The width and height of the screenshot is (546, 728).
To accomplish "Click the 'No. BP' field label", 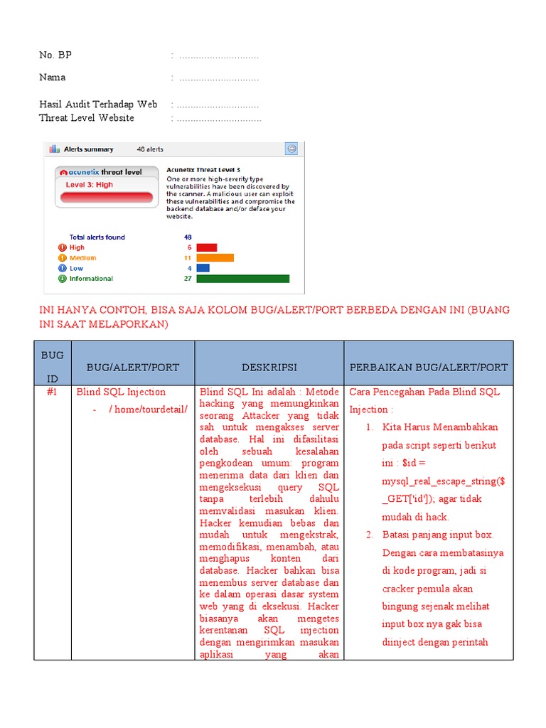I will pos(55,55).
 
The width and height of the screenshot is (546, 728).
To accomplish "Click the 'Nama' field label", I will pos(53,77).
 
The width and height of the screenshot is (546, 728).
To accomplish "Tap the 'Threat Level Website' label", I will pos(87,118).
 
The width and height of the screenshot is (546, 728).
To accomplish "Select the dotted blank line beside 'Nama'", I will pos(219,77).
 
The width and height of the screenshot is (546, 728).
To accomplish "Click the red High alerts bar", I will pos(206,247).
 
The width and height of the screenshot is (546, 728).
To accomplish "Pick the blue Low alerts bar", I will pos(203,268).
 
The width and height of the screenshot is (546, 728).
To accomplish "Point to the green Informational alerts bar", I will pos(242,279).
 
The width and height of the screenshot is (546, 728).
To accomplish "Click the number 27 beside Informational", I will pos(188,279).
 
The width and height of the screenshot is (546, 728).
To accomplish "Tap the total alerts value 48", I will pos(188,237).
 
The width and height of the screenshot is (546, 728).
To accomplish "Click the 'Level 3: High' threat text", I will pos(90,185).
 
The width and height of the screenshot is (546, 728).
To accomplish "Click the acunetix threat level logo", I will pos(101,172).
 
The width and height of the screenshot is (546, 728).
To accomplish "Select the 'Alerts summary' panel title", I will pos(88,149).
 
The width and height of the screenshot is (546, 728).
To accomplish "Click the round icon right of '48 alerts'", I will pos(291,149).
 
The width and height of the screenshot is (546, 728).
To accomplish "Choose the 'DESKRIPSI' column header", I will pos(269,367).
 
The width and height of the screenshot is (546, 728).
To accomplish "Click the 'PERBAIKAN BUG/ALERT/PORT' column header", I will pos(429,367).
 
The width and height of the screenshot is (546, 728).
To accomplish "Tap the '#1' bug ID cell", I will pos(52,392).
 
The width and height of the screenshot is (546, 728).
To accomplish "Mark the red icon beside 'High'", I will pos(62,247).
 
